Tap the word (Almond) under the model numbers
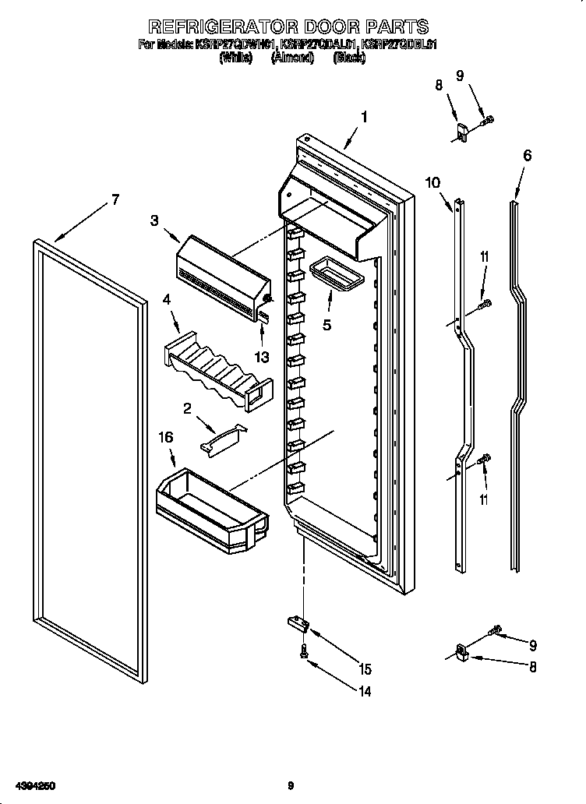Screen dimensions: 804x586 tap(292, 57)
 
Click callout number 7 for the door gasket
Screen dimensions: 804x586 tap(115, 199)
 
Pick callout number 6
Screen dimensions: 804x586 tap(528, 155)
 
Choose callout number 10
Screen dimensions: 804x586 tap(432, 183)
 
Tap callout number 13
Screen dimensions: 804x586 tap(262, 356)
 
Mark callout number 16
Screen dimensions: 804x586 tap(166, 439)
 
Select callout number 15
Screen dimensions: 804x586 tap(365, 668)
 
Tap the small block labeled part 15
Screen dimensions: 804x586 tap(297, 622)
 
